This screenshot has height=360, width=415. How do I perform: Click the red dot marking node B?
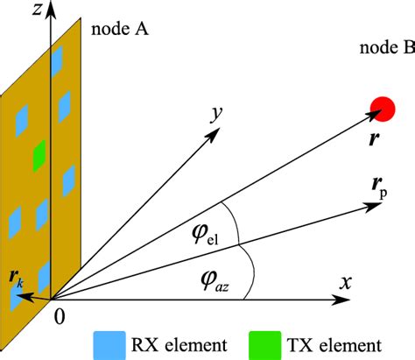382,108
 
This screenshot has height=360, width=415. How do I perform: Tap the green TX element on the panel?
39,157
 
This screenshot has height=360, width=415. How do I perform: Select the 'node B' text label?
386,48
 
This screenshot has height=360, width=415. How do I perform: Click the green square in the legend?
268,342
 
